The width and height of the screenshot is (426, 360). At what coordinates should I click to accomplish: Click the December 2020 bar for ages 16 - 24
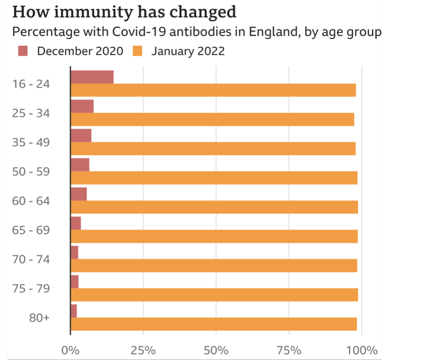[x=92, y=77]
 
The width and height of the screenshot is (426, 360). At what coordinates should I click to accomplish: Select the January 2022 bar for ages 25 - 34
[x=212, y=120]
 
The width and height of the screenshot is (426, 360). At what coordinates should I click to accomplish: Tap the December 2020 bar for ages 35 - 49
[x=81, y=135]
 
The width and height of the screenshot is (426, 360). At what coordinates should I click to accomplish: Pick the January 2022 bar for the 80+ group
[x=213, y=324]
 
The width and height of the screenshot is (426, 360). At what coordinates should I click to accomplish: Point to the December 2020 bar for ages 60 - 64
[x=78, y=194]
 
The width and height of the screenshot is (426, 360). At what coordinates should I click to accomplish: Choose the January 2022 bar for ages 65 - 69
[x=214, y=236]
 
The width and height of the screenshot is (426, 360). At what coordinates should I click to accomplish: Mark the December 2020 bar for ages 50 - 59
[x=80, y=165]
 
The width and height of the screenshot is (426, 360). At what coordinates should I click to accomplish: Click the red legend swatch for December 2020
[x=23, y=51]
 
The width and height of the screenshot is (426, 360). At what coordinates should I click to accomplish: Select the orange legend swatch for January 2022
[x=138, y=51]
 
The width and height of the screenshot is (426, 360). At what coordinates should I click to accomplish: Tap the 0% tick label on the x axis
[x=71, y=351]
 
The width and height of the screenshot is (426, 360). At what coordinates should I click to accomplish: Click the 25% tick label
[x=143, y=351]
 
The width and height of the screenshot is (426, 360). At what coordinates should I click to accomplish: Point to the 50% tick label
[x=216, y=351]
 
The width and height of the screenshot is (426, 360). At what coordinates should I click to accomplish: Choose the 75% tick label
[x=289, y=351]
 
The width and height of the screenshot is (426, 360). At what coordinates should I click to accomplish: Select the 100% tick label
[x=362, y=351]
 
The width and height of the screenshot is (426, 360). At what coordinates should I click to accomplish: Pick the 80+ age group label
[x=39, y=318]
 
